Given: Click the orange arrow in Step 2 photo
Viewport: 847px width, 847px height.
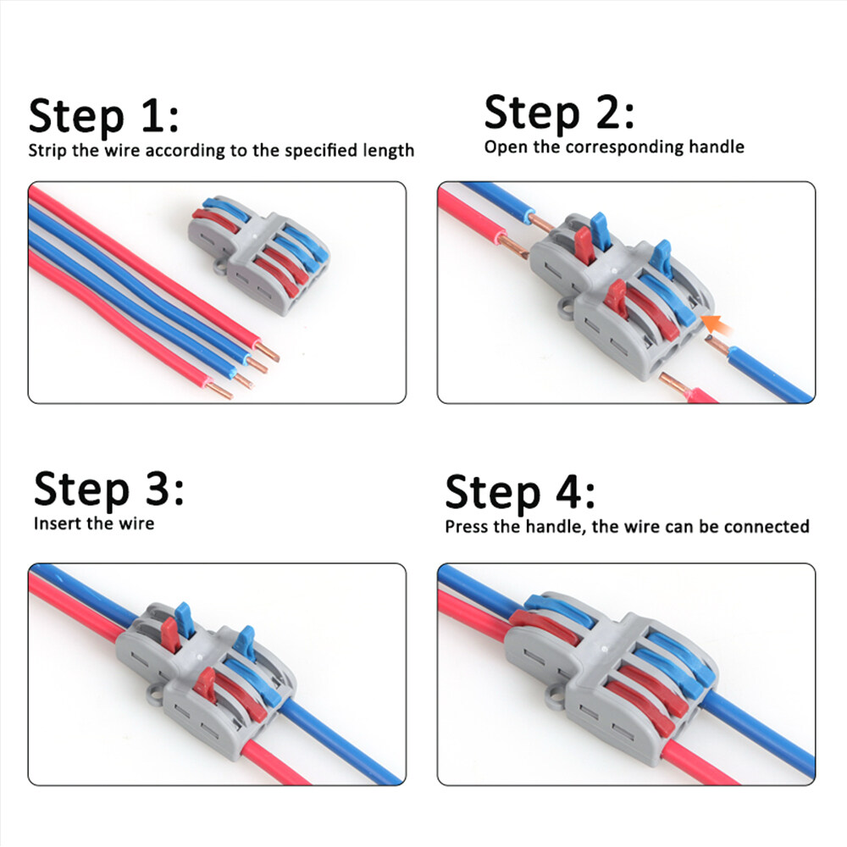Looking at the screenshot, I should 716,323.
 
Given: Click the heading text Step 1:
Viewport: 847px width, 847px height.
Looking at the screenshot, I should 103,115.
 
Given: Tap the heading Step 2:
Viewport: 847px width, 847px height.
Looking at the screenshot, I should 558,112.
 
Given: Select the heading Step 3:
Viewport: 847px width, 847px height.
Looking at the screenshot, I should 108,489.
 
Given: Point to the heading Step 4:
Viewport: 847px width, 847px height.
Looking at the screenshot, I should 519,492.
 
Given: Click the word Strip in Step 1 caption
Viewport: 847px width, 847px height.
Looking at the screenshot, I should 47,151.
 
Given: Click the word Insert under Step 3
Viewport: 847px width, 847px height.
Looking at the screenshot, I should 56,523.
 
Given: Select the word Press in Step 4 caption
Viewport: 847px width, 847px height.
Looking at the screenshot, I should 467,527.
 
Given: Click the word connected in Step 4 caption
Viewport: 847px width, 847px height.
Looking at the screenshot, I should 770,527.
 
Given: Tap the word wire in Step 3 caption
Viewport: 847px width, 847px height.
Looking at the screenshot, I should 138,523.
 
